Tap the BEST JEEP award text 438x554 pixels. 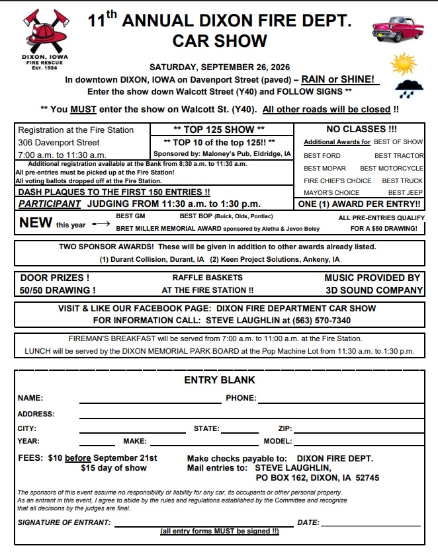[x=405, y=193]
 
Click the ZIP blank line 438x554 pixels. [x=358, y=431]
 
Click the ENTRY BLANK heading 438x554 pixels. [x=219, y=380]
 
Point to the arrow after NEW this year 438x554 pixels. [x=101, y=224]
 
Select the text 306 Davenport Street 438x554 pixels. [x=59, y=142]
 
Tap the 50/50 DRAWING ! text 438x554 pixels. [x=58, y=290]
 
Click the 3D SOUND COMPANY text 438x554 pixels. [x=374, y=290]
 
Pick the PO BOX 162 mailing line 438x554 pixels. [x=317, y=477]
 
